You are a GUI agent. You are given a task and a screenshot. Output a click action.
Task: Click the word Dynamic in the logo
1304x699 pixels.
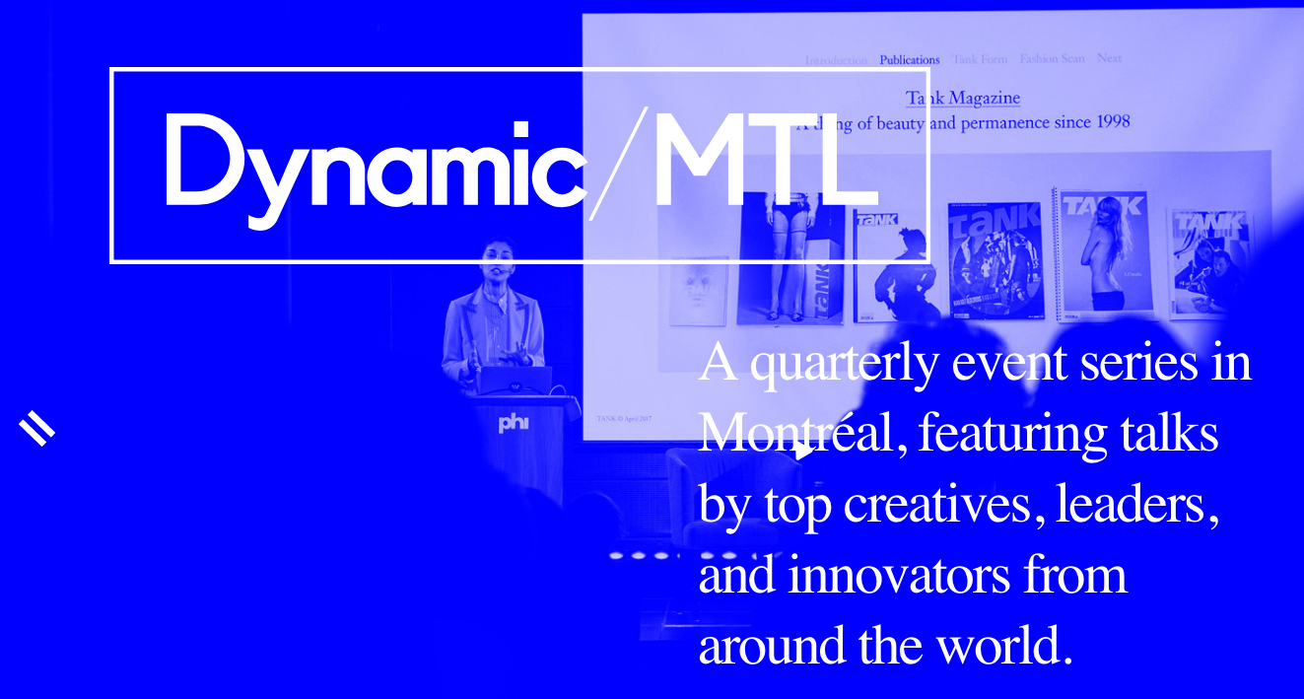point(375,163)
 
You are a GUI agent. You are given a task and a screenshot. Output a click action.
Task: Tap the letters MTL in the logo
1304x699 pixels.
point(764,163)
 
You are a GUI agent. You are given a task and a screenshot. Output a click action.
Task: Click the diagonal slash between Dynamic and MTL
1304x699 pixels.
point(618,164)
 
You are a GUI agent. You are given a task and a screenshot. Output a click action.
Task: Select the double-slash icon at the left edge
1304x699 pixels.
point(36,429)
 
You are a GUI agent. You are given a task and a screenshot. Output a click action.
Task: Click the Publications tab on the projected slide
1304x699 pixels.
point(909,60)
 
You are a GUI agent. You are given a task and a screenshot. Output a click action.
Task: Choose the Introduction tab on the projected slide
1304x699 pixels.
point(836,60)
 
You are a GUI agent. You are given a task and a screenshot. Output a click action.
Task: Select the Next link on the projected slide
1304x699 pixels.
point(1109,58)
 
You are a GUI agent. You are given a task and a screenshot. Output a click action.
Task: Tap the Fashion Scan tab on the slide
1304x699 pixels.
point(1052,59)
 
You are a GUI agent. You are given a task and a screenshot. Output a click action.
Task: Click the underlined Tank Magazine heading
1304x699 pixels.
point(963,98)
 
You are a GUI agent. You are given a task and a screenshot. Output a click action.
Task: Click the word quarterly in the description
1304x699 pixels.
point(844,363)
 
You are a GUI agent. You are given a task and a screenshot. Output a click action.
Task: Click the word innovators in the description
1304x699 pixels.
point(899,575)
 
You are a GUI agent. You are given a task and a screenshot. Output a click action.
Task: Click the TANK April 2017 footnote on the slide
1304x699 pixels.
point(623,418)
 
